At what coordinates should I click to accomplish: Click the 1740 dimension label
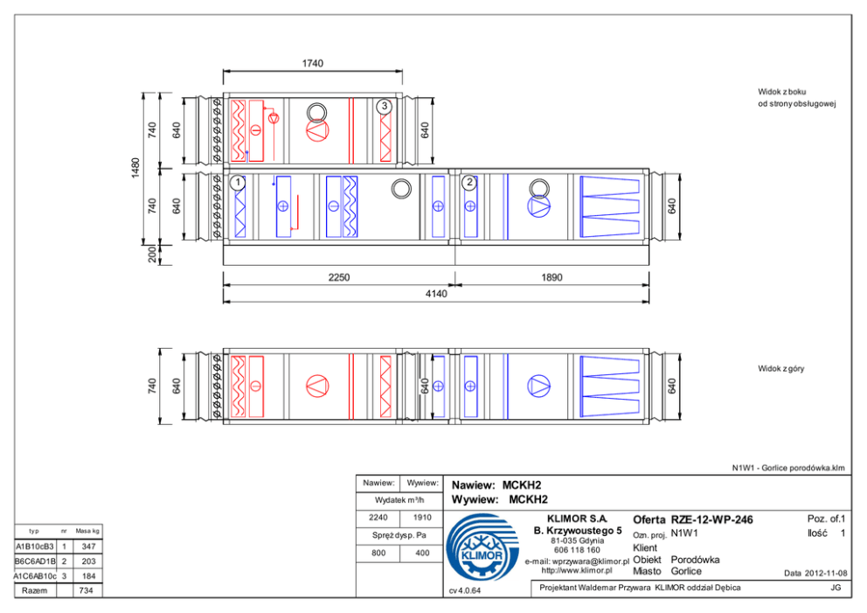point(312,64)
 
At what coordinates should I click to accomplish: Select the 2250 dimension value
point(339,277)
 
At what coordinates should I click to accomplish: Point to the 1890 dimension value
point(551,277)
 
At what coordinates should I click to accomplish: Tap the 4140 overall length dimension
point(436,294)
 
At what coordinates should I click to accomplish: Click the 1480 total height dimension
point(135,168)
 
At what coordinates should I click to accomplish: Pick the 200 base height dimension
point(152,254)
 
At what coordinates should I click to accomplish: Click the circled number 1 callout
point(238,182)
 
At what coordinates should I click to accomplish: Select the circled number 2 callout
point(469,182)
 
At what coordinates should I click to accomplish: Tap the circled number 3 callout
point(385,106)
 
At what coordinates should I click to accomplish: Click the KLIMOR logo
point(482,547)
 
